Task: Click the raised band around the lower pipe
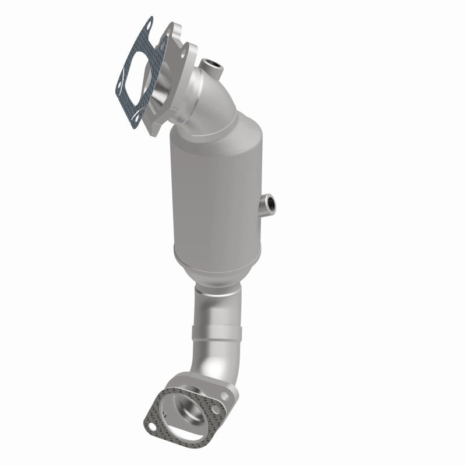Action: pyautogui.click(x=216, y=336)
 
